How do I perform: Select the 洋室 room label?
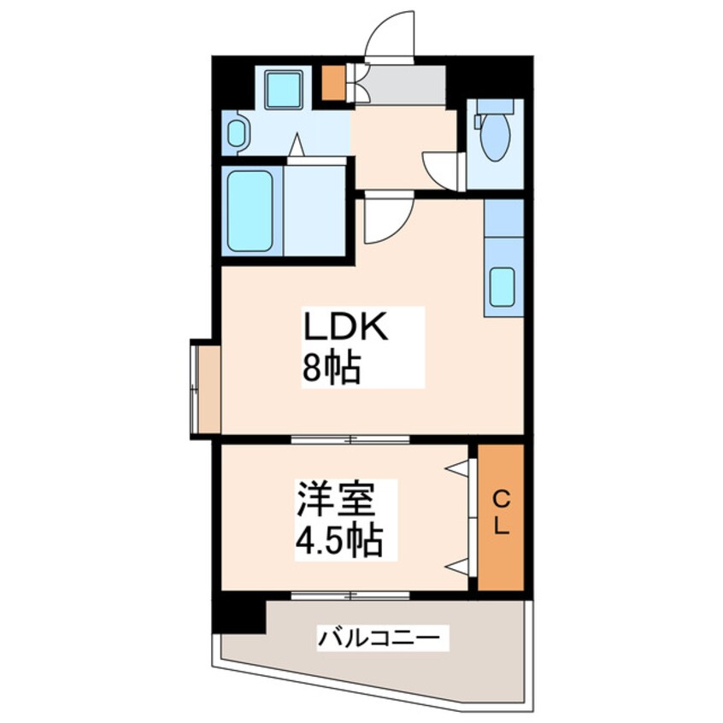click(x=335, y=500)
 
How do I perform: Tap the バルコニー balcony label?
click(x=379, y=637)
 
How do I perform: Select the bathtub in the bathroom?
click(x=250, y=211)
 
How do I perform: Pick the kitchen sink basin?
click(x=503, y=286)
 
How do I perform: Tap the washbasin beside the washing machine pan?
click(x=237, y=132)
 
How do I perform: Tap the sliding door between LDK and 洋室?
click(x=350, y=440)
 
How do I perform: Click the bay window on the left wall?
click(x=205, y=388)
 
